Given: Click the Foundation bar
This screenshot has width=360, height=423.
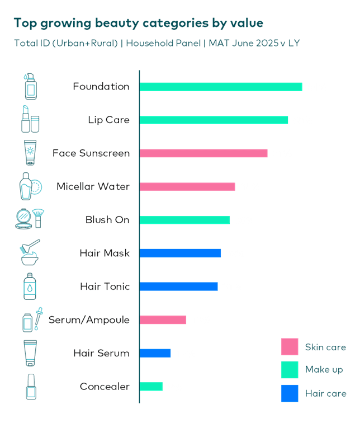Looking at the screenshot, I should point(220,87).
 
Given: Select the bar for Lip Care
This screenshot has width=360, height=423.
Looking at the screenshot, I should point(214,120).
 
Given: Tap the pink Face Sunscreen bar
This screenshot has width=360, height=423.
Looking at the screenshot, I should point(203,153).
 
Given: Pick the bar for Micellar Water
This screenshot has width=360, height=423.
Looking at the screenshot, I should point(187,186).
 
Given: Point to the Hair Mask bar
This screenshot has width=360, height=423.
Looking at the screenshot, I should point(179,253).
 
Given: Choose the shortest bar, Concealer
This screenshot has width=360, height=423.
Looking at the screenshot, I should point(151,386).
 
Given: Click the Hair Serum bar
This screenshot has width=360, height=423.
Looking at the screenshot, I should point(155,353).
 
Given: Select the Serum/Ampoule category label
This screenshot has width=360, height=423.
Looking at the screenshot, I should point(89,320).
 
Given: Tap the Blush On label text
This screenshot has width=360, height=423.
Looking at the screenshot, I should point(107,220).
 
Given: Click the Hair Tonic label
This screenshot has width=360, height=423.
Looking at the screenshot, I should point(105,286).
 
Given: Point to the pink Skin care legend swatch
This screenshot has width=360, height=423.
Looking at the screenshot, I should point(289,347).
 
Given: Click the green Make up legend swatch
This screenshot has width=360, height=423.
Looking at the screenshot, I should point(289,369).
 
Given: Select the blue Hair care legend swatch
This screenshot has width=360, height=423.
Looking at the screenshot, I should point(289,393).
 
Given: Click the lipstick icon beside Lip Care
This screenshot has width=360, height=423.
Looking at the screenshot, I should point(26,119).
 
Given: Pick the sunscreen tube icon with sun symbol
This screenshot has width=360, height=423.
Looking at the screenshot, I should point(30,152).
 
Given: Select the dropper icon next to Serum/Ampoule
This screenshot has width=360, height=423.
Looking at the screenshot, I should point(38,317).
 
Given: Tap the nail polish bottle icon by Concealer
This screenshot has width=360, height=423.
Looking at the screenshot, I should point(31,386).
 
